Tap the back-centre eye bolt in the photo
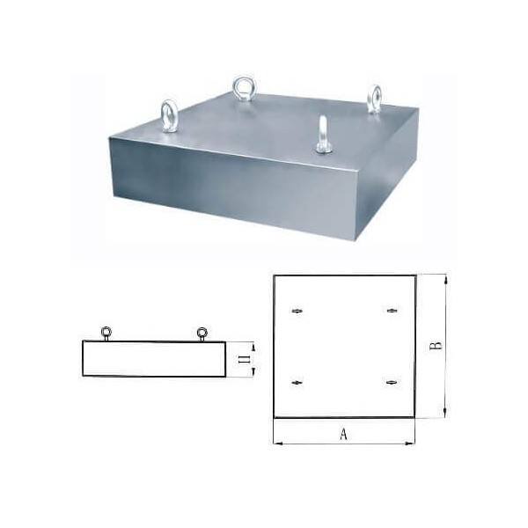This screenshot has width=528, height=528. (242, 89)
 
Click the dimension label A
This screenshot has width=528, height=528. (343, 433)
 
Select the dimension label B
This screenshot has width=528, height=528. (435, 346)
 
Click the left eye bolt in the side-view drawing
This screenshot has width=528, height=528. (106, 333)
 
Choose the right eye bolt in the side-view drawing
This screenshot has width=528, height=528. (202, 333)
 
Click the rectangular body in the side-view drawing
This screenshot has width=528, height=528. (154, 359)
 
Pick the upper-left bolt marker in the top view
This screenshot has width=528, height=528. (297, 311)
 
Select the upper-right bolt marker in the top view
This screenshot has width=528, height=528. (391, 311)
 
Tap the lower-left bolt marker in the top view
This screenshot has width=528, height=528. (297, 382)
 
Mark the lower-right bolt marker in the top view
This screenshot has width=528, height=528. (391, 382)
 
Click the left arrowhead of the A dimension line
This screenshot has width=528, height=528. (278, 443)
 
